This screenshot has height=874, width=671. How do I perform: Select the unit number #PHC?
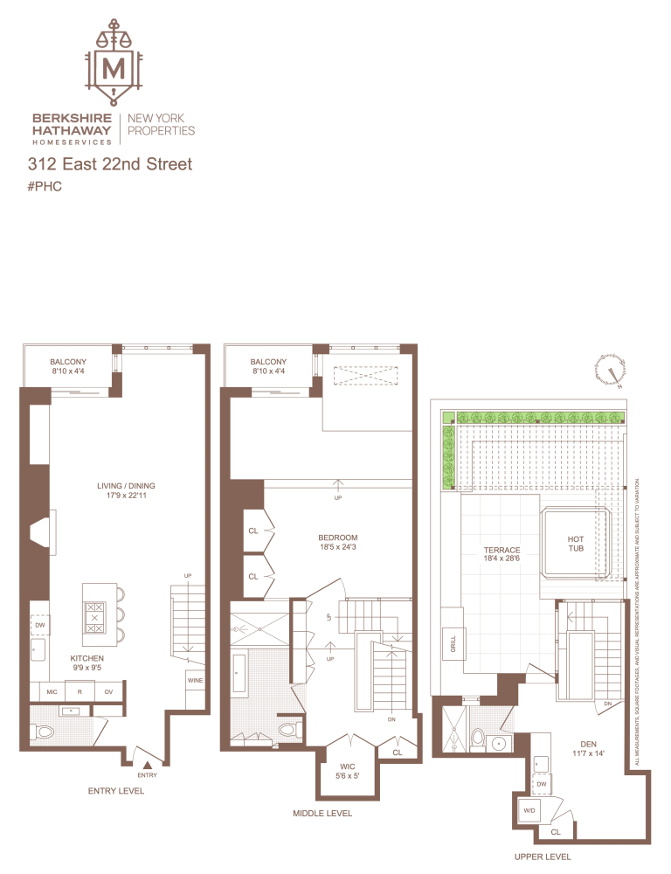(45, 186)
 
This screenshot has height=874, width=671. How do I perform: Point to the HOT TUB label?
(576, 545)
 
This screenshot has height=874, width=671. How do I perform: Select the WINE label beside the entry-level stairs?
(195, 678)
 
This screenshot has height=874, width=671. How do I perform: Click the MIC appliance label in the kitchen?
(51, 691)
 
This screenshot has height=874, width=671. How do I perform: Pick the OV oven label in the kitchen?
(108, 691)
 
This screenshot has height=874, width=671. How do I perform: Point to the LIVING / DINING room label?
(127, 491)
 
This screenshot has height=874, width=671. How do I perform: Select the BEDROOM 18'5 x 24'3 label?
(337, 544)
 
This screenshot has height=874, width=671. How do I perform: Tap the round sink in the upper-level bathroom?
(499, 743)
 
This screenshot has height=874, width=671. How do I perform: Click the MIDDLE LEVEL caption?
(323, 814)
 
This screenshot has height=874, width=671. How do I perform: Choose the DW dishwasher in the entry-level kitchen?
(40, 626)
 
